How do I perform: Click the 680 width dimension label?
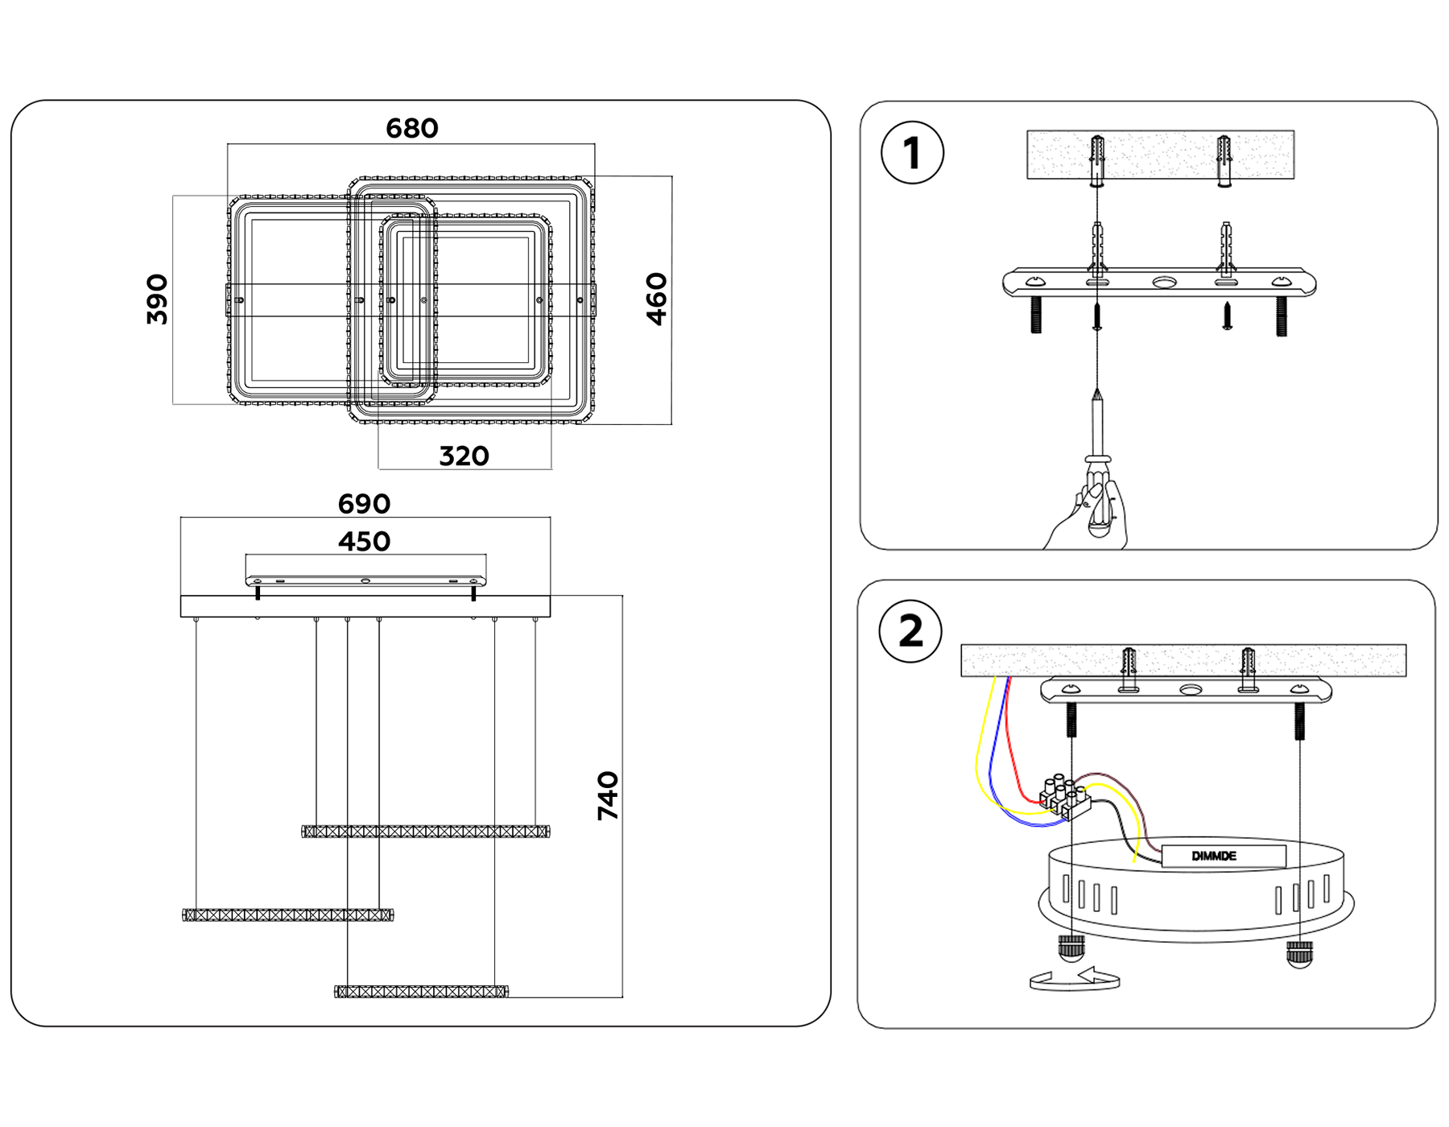coord(411,128)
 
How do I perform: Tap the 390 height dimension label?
coord(158,299)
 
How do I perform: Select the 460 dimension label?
coord(657,299)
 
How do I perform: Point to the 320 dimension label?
coord(464,456)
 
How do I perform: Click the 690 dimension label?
coord(364,504)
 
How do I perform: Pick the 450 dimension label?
coord(364,541)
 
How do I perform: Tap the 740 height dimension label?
coord(608,795)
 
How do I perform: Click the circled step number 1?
coord(912,153)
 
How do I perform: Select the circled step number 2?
coord(910,631)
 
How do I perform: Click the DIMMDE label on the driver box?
coord(1214,856)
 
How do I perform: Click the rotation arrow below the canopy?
coord(1075,979)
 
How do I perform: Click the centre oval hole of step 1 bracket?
coord(1164,283)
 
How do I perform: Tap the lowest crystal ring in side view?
coord(421,991)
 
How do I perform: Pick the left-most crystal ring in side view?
coord(287,914)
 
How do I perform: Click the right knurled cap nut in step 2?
coord(1299,953)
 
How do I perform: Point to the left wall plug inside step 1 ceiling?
coord(1096,159)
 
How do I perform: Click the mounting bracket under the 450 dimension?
coord(365,580)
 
